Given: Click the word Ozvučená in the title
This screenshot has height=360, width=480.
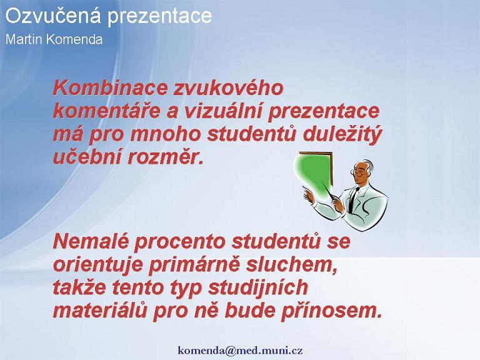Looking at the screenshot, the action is coord(53,15).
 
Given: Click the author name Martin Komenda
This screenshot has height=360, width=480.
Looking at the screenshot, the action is coord(54,39).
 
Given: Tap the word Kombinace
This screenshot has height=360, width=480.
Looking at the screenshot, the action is coord(111,88).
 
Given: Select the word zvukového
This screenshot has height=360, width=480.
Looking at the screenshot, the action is coord(229,88).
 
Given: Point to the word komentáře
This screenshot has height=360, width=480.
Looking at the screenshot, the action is coord(107,111).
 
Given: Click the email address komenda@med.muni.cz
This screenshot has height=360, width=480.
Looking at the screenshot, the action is coord(240,350).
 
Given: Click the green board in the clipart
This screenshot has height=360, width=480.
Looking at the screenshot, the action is coord(314,175).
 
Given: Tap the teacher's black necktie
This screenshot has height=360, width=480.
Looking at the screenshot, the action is coord(353,199).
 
